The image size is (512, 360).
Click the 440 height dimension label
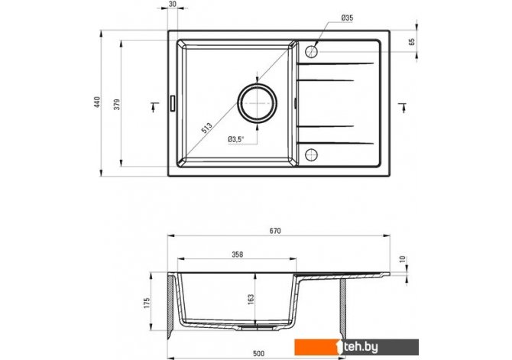click(x=97, y=102)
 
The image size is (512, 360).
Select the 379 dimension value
click(x=117, y=104)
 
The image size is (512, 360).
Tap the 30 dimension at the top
click(x=173, y=4)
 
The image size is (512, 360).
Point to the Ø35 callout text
click(x=347, y=18)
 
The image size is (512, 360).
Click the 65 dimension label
click(x=411, y=41)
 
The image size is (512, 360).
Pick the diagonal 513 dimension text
click(x=206, y=128)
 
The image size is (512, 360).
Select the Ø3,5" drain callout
click(x=236, y=139)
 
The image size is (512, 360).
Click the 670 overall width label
click(x=275, y=231)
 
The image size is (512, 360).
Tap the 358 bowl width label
click(x=238, y=255)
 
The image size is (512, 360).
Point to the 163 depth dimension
click(x=251, y=300)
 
